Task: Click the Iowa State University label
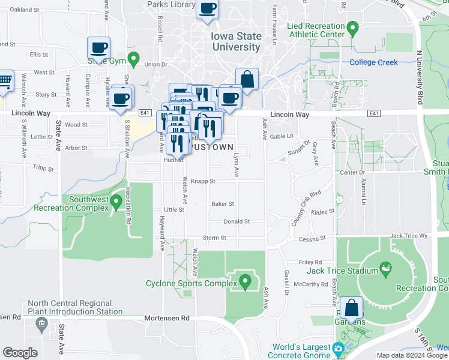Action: click(237, 41)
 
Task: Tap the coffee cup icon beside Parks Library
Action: click(207, 9)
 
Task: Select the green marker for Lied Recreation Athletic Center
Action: click(353, 27)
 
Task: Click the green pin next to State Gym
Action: click(134, 61)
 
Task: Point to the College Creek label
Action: click(374, 62)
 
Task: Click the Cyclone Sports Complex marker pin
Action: click(245, 281)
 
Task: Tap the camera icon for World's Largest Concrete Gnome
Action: click(339, 349)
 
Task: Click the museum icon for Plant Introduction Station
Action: click(41, 325)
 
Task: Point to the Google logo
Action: click(20, 353)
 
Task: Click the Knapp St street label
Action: click(203, 181)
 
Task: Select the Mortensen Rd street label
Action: click(167, 317)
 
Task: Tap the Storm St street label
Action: click(214, 238)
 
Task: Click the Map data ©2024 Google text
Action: click(411, 355)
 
